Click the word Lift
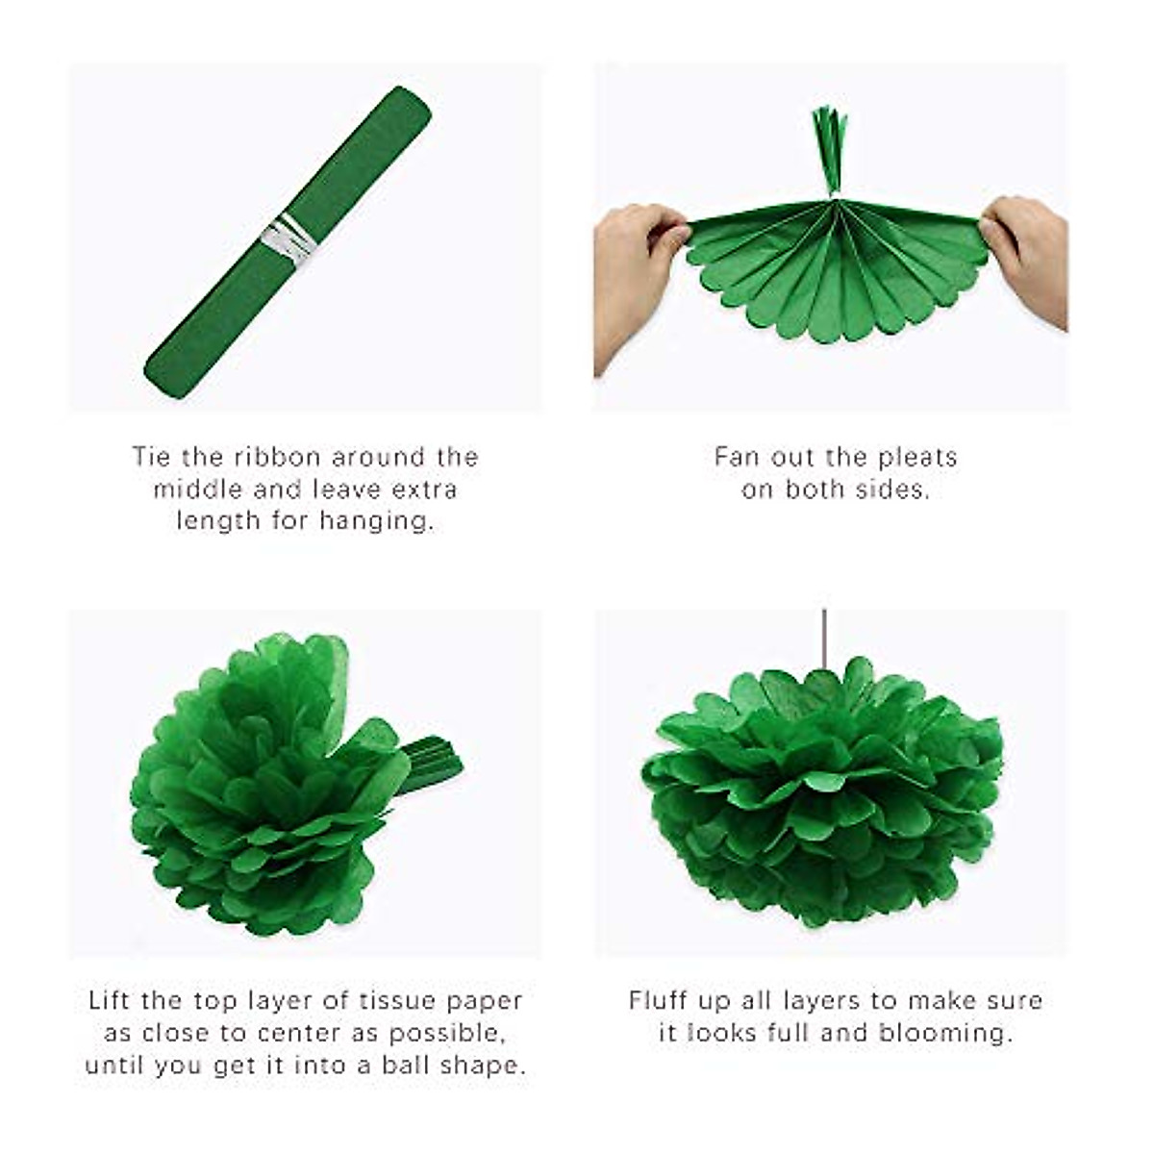(x=110, y=1001)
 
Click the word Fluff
(x=659, y=1001)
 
